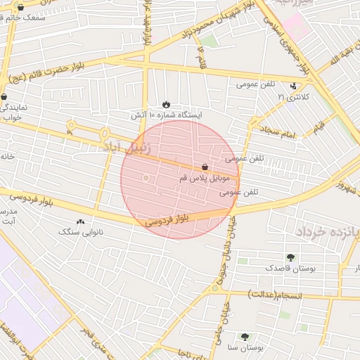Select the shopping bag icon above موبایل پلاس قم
(205, 167)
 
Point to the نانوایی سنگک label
(80, 231)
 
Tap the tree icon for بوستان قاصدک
(290, 257)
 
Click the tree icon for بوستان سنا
(245, 337)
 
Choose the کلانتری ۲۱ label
(292, 96)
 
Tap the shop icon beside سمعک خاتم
(20, 8)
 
